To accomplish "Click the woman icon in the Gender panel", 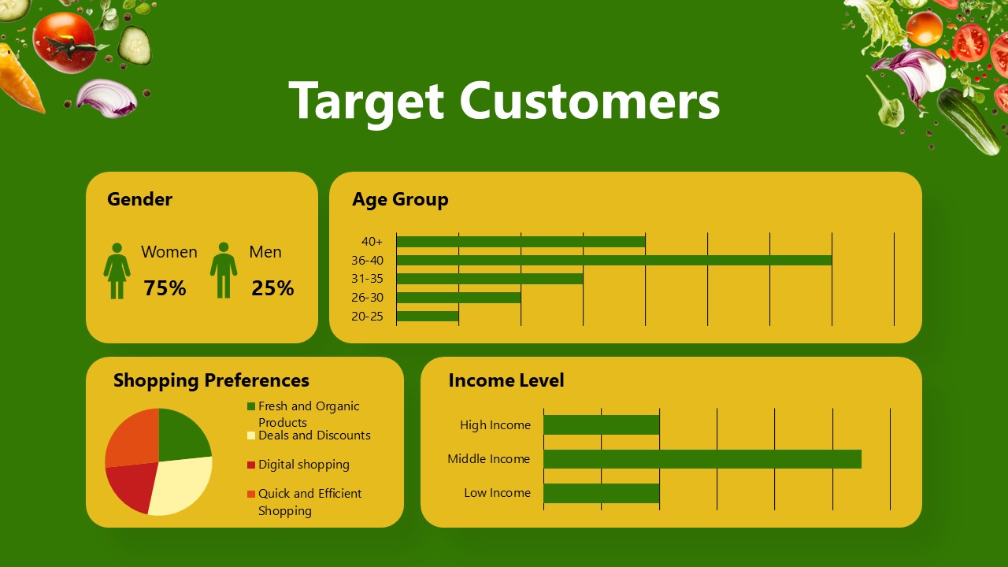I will (x=117, y=270).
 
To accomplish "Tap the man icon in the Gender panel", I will (x=224, y=270).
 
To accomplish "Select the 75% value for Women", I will (x=165, y=288).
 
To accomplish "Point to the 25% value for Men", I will (x=272, y=288).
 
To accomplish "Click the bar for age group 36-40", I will (x=613, y=261).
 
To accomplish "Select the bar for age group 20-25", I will (x=427, y=316).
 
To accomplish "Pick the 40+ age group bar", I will (x=521, y=242).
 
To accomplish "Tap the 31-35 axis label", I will (x=367, y=279).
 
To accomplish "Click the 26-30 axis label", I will (x=367, y=298).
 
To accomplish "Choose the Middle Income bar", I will (x=702, y=459).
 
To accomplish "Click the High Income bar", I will (x=601, y=425).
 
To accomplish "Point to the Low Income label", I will (x=497, y=493).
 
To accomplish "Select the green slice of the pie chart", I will (x=181, y=435).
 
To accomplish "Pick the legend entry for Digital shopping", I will (x=303, y=465).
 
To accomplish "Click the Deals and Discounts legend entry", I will (x=313, y=435).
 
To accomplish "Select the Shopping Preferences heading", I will (x=211, y=380).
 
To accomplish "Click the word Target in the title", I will (x=366, y=101).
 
